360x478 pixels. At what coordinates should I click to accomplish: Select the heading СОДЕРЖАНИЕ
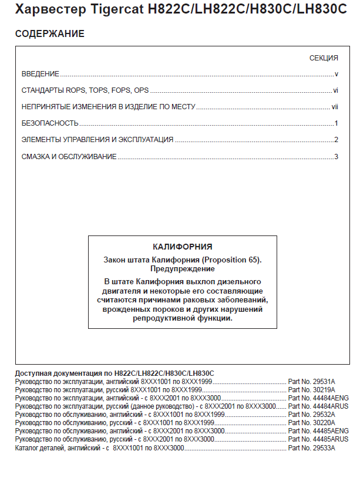pyautogui.click(x=49, y=34)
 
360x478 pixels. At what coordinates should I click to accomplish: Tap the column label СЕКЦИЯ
pyautogui.click(x=324, y=58)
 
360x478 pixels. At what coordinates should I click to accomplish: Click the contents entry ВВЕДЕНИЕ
pyautogui.click(x=41, y=74)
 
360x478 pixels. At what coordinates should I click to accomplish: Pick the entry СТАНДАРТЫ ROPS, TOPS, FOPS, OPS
pyautogui.click(x=85, y=90)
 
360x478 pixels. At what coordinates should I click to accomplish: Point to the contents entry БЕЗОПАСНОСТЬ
pyautogui.click(x=50, y=123)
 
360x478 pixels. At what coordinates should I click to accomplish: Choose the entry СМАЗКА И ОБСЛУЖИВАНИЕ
pyautogui.click(x=69, y=156)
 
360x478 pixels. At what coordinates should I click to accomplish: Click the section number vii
pyautogui.click(x=335, y=107)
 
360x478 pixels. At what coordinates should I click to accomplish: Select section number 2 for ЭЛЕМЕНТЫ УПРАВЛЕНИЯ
pyautogui.click(x=336, y=140)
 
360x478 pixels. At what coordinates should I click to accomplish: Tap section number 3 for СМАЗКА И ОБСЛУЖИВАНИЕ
pyautogui.click(x=336, y=156)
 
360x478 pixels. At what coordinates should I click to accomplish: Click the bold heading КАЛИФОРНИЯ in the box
pyautogui.click(x=182, y=247)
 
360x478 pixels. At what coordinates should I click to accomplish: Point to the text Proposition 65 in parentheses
pyautogui.click(x=230, y=260)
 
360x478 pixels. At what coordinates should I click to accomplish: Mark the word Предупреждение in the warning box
pyautogui.click(x=182, y=268)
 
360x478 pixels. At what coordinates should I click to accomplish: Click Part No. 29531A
pyautogui.click(x=311, y=381)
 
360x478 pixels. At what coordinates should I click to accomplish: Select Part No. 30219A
pyautogui.click(x=311, y=389)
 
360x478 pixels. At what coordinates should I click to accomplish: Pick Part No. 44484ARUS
pyautogui.click(x=318, y=406)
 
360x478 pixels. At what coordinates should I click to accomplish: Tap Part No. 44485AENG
pyautogui.click(x=318, y=430)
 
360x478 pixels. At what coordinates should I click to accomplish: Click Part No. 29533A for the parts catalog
pyautogui.click(x=311, y=447)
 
